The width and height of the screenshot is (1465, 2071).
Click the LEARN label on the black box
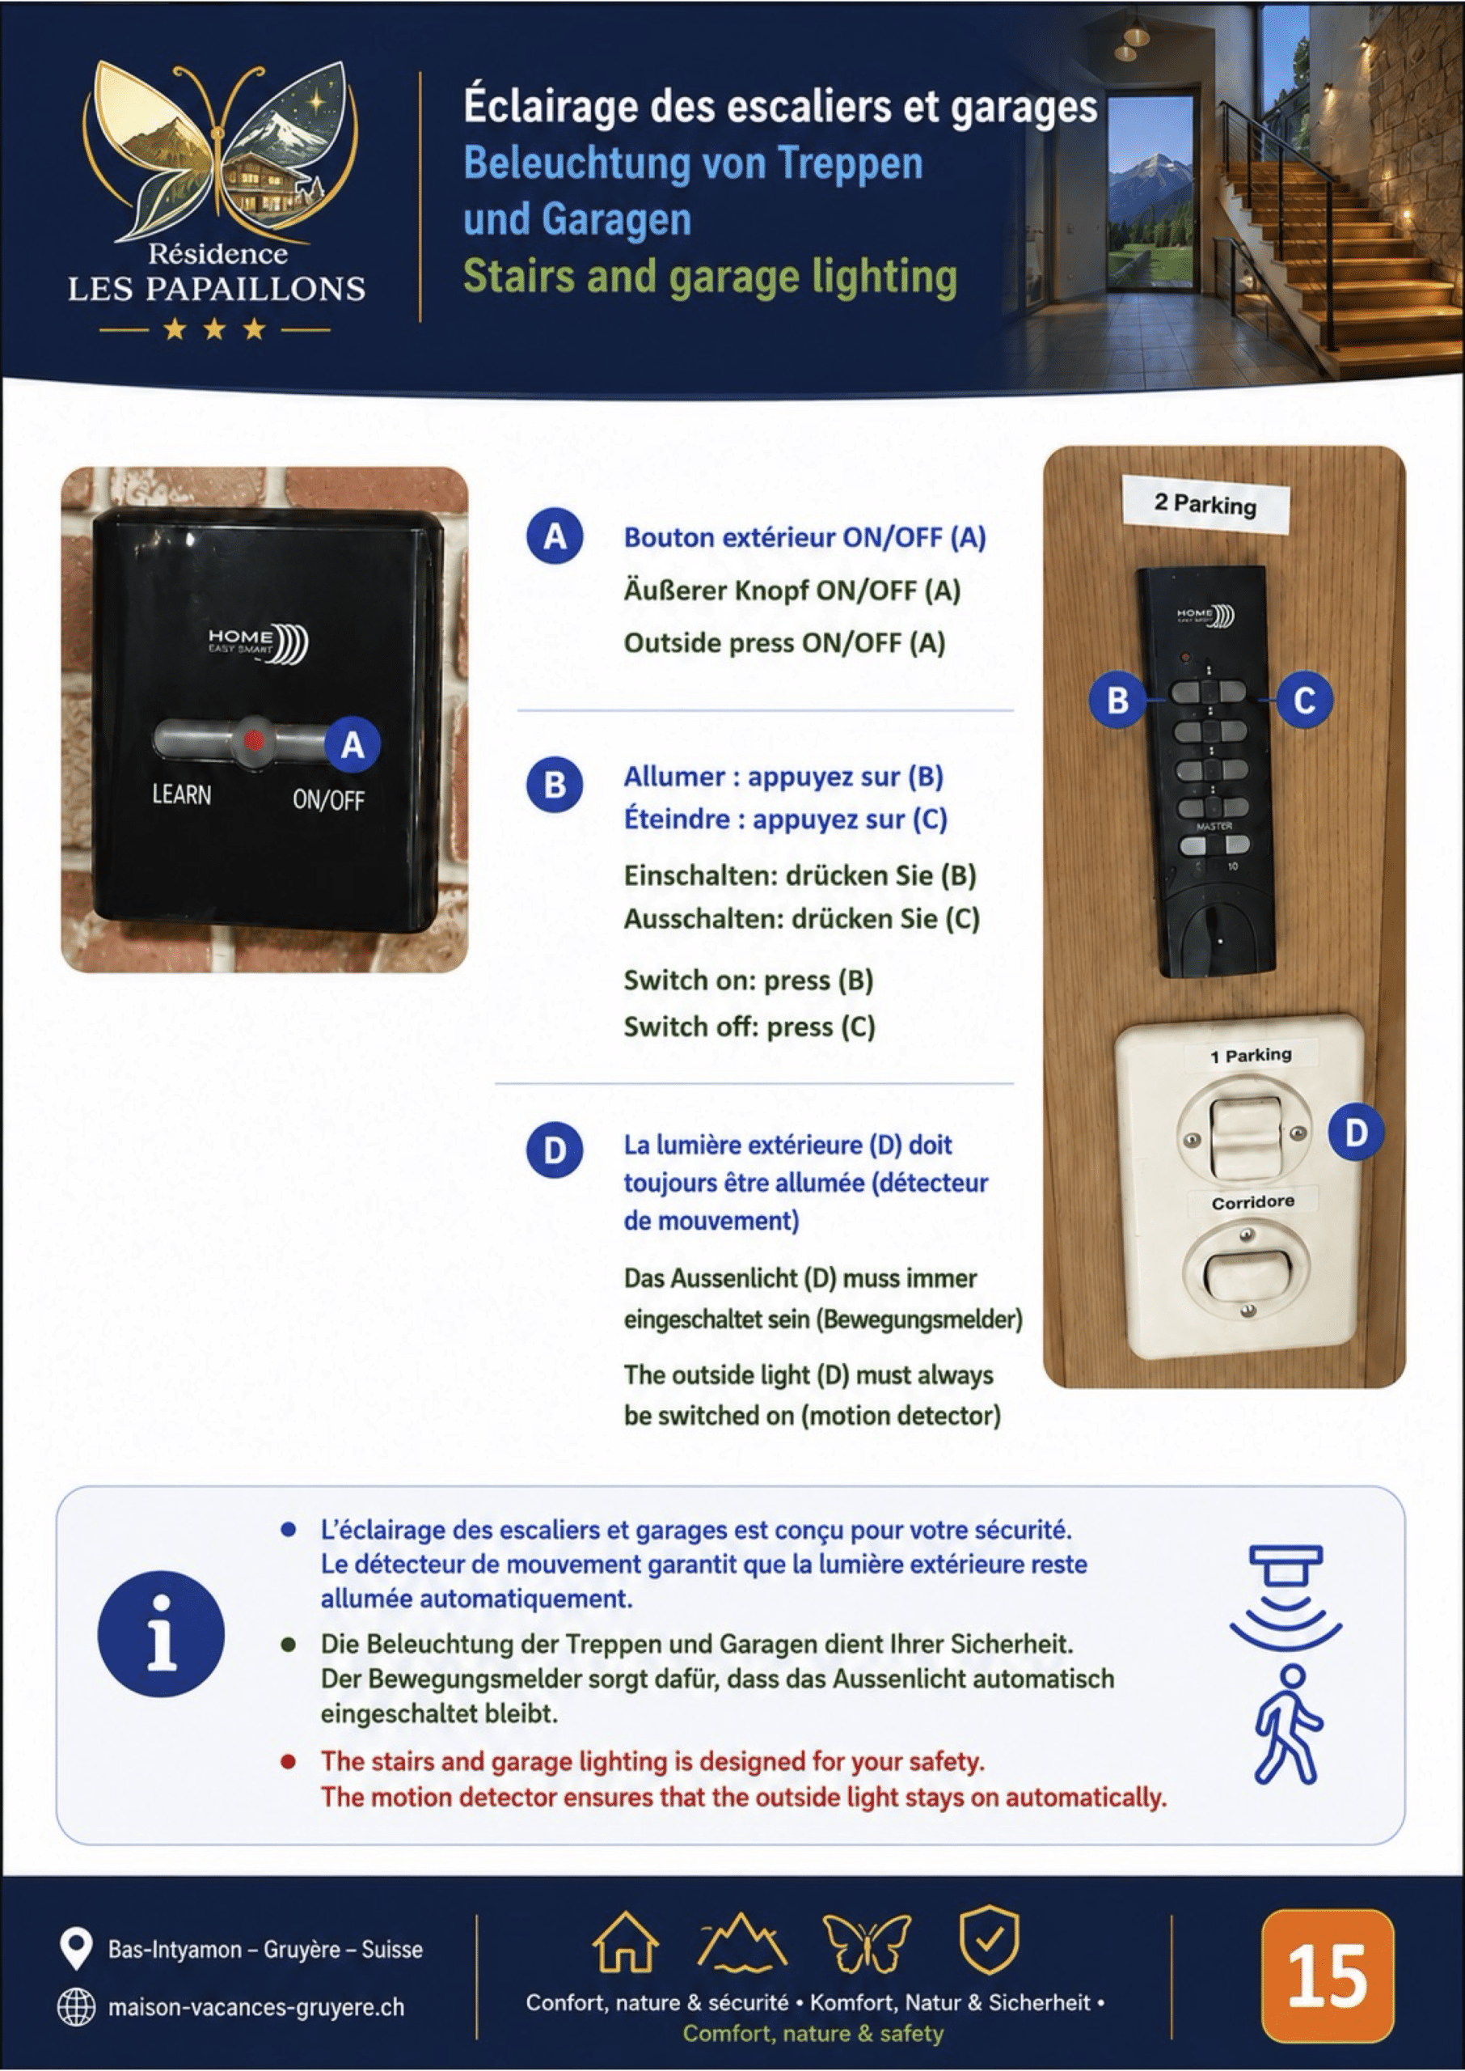[x=182, y=795]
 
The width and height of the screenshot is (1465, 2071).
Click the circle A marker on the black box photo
[x=353, y=744]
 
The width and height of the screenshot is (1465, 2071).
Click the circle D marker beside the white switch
[x=1356, y=1133]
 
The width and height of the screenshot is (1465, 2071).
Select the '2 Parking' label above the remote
[x=1205, y=503]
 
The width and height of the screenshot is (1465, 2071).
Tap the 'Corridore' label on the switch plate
[x=1252, y=1202]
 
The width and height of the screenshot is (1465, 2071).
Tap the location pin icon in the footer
[x=76, y=1947]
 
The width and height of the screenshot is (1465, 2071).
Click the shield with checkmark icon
[x=989, y=1940]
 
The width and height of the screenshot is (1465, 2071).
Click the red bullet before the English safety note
[x=288, y=1761]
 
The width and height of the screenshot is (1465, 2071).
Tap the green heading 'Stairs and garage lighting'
[x=710, y=277]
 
